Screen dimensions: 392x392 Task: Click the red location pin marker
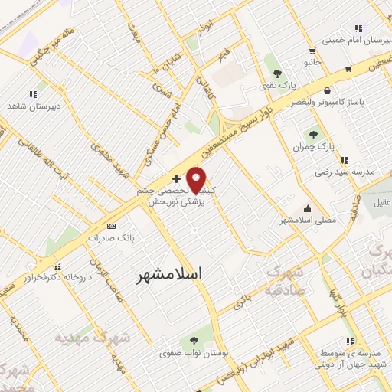(x=197, y=180)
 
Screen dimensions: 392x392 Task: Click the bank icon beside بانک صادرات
(x=112, y=226)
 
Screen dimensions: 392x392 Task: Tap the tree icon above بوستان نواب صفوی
(x=191, y=341)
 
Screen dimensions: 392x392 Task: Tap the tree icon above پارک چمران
(x=314, y=133)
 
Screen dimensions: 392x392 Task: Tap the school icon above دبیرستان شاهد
(x=32, y=94)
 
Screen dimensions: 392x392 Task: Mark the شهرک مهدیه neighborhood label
(x=92, y=337)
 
